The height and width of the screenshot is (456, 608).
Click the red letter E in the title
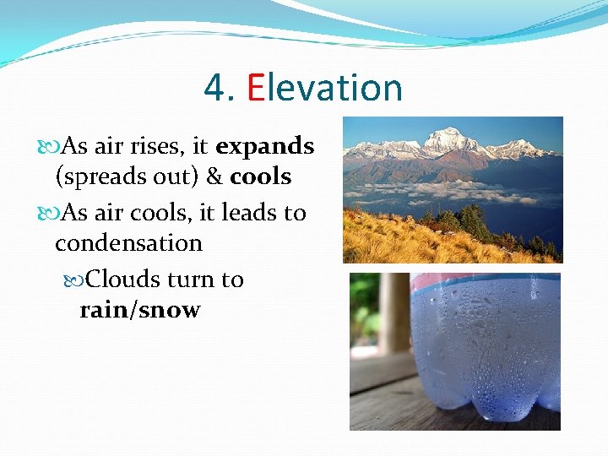(x=257, y=88)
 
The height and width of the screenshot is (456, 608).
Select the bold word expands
(x=264, y=146)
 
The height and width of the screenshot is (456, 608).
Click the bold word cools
(x=260, y=177)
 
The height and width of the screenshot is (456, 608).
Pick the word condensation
(x=128, y=243)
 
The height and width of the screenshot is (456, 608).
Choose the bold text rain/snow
(x=139, y=310)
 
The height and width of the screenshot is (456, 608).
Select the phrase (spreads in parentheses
(x=95, y=177)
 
